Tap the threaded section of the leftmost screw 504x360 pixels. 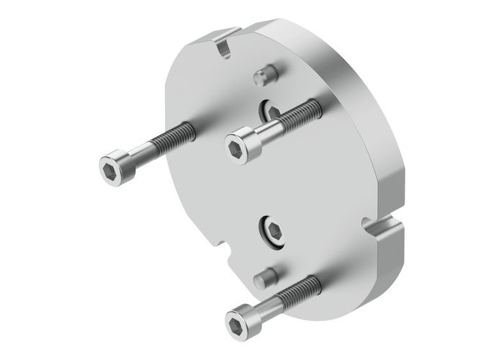(174, 138)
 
